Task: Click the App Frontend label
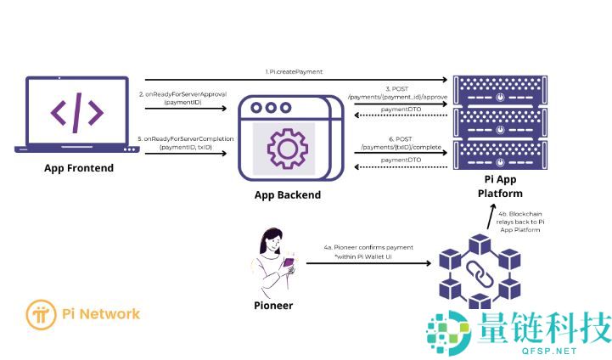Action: tap(79, 168)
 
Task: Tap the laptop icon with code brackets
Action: tap(77, 114)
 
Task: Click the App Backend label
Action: tap(288, 194)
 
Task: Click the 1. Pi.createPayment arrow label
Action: tap(294, 72)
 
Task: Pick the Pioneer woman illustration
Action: tap(273, 258)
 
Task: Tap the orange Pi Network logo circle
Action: tap(40, 314)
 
